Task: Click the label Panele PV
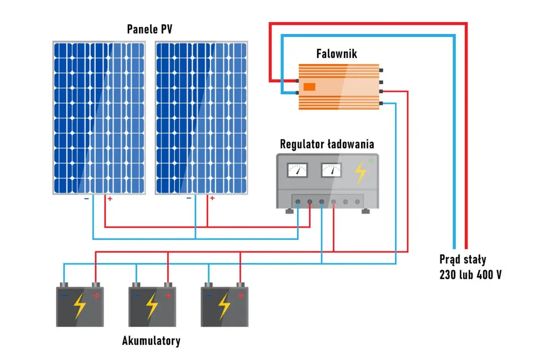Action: tap(150, 29)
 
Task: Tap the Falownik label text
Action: tap(336, 54)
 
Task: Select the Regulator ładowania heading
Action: tap(327, 144)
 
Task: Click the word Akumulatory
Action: tap(151, 341)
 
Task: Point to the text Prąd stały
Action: tap(463, 259)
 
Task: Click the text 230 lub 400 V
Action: tap(470, 275)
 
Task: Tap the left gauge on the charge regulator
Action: tap(297, 170)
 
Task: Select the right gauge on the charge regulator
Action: tap(331, 170)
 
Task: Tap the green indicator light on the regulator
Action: tap(371, 160)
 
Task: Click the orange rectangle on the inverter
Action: tap(309, 87)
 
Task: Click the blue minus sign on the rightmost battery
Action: tap(208, 296)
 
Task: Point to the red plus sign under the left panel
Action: tap(110, 198)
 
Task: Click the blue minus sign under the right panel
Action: tap(189, 198)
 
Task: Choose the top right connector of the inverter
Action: tap(381, 70)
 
